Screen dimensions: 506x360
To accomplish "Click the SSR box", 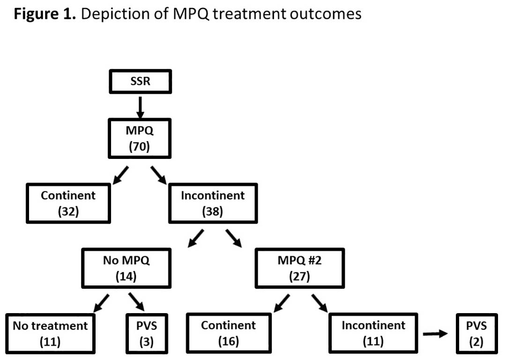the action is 141,82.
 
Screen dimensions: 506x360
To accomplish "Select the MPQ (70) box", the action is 140,138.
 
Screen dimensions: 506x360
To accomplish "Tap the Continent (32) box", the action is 68,203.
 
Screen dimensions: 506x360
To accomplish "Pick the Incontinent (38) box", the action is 213,203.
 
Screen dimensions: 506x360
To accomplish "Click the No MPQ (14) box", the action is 126,268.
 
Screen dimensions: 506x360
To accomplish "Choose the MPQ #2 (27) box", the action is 300,268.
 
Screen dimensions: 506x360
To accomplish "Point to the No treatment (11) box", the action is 50,334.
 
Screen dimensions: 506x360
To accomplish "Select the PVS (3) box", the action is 147,334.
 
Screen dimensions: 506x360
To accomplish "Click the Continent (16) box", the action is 229,333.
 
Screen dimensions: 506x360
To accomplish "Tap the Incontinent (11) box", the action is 373,333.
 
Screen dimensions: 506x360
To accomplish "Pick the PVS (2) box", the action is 476,334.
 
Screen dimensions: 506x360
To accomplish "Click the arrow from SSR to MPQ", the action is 140,108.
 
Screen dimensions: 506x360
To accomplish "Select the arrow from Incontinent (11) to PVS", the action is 435,334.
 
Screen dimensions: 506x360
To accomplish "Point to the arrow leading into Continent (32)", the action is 121,175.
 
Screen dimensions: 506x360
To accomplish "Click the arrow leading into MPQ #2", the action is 234,238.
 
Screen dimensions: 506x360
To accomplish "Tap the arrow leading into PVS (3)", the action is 136,302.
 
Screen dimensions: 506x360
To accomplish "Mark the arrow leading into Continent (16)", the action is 282,303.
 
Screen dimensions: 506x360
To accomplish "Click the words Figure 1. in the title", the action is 45,14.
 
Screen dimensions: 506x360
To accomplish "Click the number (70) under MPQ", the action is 140,147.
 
